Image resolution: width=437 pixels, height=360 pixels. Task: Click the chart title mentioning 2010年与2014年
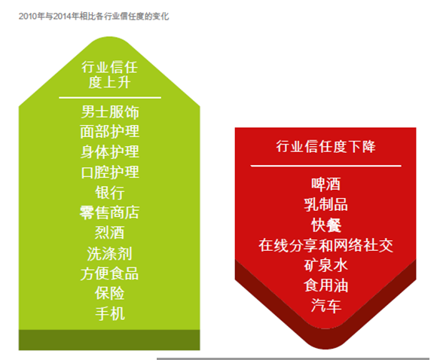[x=93, y=17]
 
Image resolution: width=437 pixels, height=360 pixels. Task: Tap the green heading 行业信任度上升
[x=109, y=75]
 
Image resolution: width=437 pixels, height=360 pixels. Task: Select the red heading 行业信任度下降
[x=325, y=146]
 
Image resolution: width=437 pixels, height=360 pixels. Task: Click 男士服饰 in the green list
[x=110, y=112]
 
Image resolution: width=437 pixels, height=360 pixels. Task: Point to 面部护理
[x=110, y=132]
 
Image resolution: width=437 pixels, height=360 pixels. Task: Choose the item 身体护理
[x=110, y=152]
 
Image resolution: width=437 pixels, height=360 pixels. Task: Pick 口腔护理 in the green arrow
[x=110, y=172]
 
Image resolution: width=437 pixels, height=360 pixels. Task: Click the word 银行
[x=110, y=192]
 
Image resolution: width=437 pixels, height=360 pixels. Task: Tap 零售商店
[x=110, y=212]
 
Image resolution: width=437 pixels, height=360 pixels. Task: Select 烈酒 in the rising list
[x=110, y=233]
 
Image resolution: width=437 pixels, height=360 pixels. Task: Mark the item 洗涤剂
[x=110, y=253]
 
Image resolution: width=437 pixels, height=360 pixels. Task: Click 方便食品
[x=110, y=273]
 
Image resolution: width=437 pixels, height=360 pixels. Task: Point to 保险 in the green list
[x=110, y=294]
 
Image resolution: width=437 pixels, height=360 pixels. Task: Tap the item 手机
[x=110, y=314]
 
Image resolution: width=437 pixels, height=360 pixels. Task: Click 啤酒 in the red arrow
[x=325, y=185]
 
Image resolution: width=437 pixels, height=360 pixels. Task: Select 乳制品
[x=325, y=205]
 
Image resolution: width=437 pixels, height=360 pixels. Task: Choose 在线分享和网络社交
[x=325, y=246]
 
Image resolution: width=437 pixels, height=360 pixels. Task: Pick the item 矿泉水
[x=325, y=265]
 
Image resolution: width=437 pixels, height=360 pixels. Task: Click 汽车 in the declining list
[x=325, y=306]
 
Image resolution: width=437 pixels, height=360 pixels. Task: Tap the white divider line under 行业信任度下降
[x=325, y=166]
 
